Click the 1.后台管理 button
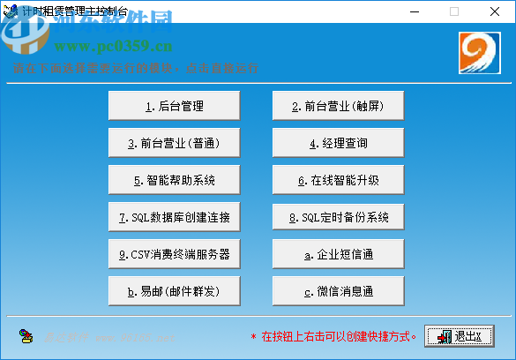174,106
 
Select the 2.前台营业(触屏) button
338,106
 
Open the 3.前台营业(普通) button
174,143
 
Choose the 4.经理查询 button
338,143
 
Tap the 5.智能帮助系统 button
174,180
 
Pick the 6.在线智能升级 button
338,180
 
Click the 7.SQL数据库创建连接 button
174,217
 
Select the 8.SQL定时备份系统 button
338,217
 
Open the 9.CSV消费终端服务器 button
174,254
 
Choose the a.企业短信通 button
338,254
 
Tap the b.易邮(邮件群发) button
174,290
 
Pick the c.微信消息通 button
338,290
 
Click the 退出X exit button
460,336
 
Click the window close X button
494,11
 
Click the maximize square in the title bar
454,11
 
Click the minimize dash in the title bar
415,11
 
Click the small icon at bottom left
26,336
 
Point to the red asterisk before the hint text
254,337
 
